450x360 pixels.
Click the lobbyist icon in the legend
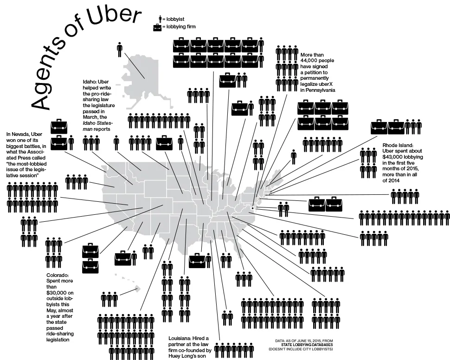[x=160, y=19]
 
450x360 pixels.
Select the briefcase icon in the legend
[x=157, y=27]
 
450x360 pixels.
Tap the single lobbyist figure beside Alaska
[x=120, y=50]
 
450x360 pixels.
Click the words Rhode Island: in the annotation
[x=398, y=145]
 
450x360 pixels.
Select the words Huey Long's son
[x=187, y=356]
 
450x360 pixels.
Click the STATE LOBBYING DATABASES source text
[x=307, y=345]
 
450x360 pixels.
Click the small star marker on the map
[x=252, y=208]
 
